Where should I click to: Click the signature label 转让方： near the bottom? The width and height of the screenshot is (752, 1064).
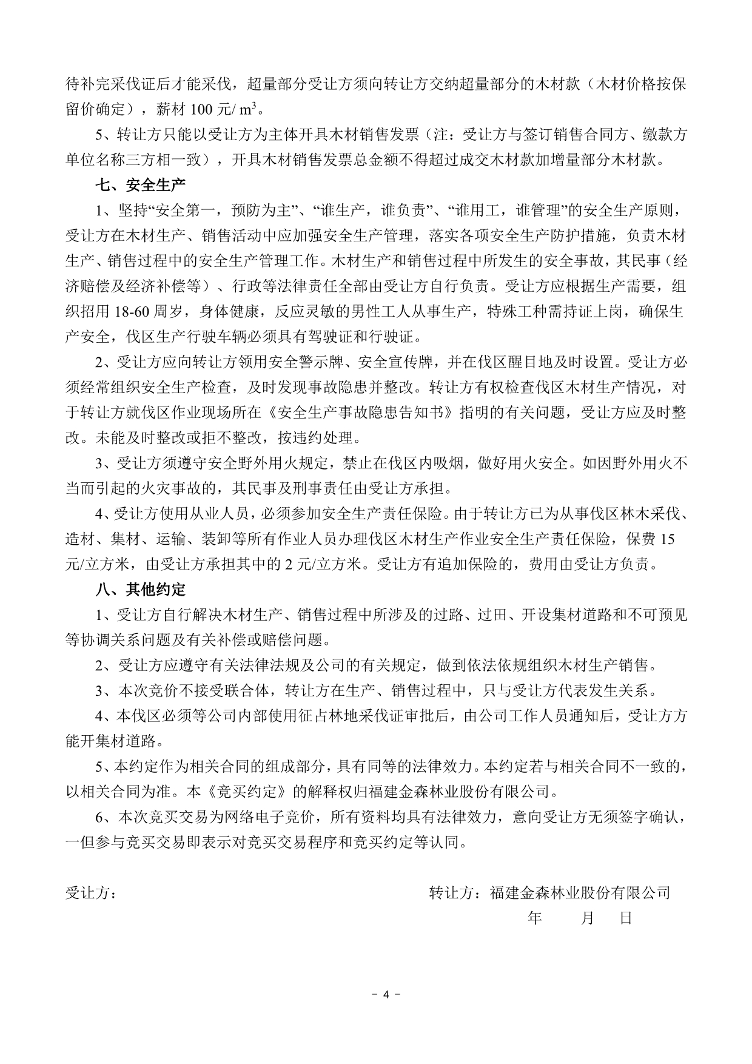tap(454, 893)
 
